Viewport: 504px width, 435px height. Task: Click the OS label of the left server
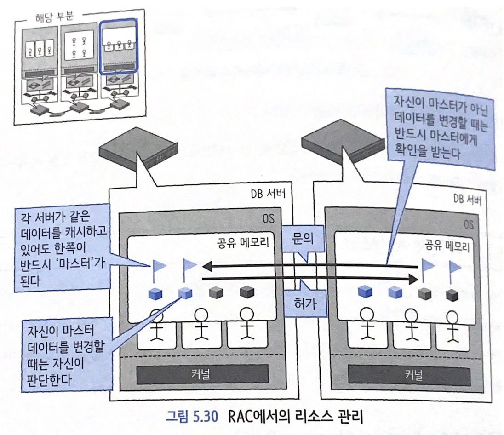(x=269, y=218)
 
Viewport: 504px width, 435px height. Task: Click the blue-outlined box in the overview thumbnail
(x=119, y=47)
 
